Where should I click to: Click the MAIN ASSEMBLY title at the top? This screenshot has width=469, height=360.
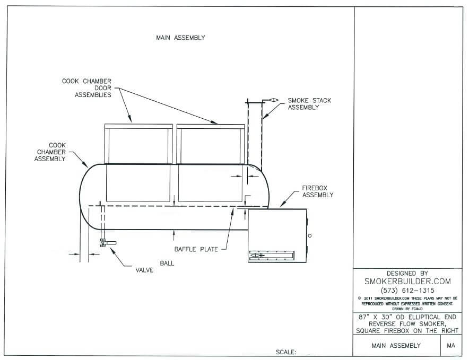[x=180, y=38]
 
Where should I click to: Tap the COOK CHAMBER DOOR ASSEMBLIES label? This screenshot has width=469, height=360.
[x=86, y=88]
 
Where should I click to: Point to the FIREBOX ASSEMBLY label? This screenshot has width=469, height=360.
[x=318, y=191]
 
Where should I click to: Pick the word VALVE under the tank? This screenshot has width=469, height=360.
[x=144, y=270]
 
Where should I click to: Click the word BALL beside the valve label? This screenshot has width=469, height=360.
[x=166, y=262]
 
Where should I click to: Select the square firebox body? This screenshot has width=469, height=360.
[x=277, y=228]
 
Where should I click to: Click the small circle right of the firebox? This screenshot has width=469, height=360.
[x=310, y=235]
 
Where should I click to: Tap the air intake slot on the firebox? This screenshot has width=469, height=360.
[x=271, y=256]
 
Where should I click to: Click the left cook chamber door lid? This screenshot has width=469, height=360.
[x=138, y=126]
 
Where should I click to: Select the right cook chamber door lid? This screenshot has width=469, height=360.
[x=210, y=126]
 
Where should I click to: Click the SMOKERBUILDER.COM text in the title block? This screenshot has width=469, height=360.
[x=407, y=281]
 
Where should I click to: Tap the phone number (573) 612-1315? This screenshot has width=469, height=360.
[x=407, y=291]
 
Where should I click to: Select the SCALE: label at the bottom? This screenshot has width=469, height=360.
[x=286, y=352]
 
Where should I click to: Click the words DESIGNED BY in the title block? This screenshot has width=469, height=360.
[x=407, y=273]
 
